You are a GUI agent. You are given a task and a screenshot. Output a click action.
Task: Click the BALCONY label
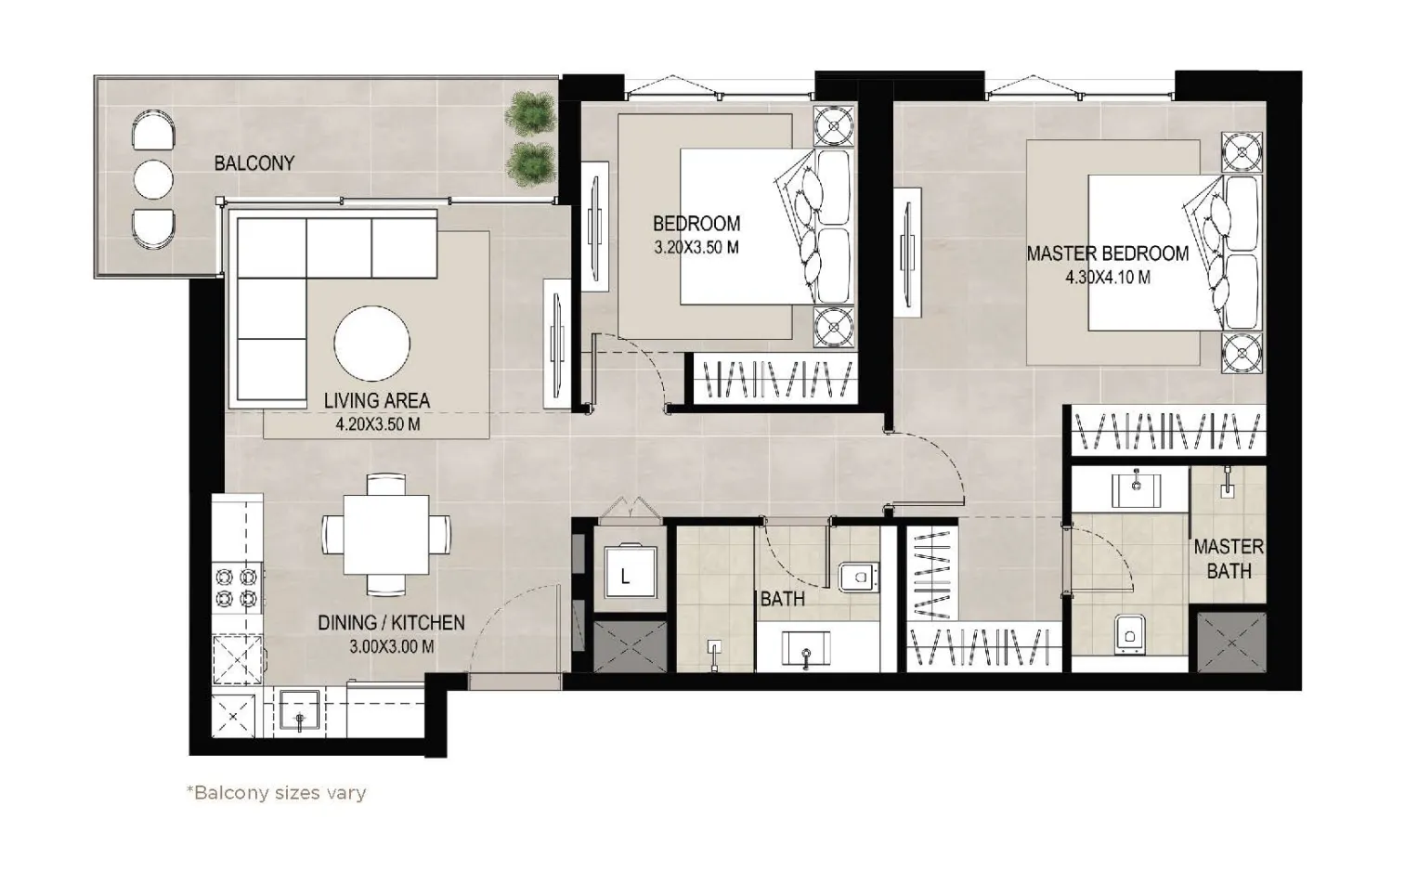(x=254, y=163)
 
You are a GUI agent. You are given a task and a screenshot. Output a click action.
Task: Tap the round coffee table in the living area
(x=371, y=344)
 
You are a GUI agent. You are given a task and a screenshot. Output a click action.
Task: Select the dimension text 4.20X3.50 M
(x=377, y=424)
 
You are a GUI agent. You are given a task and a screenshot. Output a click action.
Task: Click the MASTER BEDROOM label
(x=1107, y=253)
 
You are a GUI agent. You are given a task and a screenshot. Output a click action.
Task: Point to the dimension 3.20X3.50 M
(x=696, y=248)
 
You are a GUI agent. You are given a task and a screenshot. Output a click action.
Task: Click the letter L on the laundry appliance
(x=625, y=577)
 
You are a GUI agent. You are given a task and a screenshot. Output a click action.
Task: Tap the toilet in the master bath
(x=1128, y=633)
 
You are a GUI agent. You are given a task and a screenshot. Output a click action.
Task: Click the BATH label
(x=782, y=599)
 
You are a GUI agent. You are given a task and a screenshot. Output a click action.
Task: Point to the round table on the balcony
(x=153, y=179)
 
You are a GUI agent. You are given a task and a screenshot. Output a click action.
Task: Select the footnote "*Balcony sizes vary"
(x=277, y=793)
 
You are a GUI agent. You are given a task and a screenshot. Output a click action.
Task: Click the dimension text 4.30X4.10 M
(x=1108, y=277)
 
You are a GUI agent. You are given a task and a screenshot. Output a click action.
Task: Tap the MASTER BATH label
(x=1228, y=559)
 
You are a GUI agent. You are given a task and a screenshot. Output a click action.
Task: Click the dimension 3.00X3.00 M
(x=391, y=647)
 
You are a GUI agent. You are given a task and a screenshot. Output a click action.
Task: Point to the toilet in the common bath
(x=856, y=578)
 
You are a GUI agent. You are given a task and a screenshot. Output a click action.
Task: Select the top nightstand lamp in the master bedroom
(x=1242, y=152)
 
